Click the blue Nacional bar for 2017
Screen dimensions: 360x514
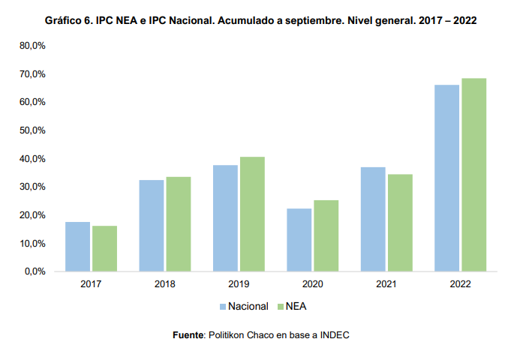77,246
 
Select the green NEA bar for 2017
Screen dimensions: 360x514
104,248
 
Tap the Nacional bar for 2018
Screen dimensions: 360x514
151,225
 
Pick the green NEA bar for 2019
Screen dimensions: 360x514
252,214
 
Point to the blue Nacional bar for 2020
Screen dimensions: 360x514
299,239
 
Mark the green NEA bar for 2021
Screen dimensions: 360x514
399,222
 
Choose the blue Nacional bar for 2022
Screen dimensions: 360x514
446,178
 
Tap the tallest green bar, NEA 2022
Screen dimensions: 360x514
473,175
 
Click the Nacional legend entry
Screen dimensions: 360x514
243,306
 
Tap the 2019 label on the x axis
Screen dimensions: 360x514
239,286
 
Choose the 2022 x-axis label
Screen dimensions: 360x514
460,286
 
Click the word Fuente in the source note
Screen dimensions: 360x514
188,335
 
